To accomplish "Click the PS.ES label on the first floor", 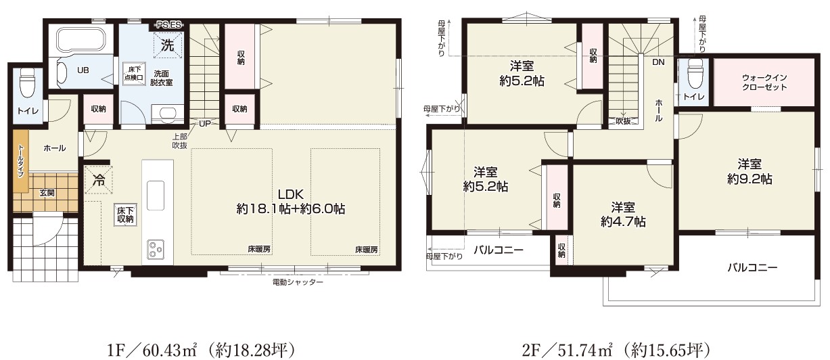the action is coord(168,25).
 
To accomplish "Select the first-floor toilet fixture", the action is coord(26,83).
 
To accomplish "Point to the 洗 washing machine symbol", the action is coord(168,45).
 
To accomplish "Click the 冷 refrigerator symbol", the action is coord(99,180).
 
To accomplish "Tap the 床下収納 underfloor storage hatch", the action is coord(125,215).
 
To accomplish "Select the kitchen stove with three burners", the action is coord(156,249).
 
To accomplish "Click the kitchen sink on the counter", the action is coord(156,196).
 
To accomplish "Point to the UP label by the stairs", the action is coord(204,124).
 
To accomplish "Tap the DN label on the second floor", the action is coord(658,62).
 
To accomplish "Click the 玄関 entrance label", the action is coord(47,193).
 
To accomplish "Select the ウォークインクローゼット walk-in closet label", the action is coord(764,83).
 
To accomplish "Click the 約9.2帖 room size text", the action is coord(750,179).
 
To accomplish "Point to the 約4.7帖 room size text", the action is coord(623,222).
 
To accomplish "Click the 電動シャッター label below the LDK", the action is coord(298,282).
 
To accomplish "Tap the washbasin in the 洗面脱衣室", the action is coord(167,114).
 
